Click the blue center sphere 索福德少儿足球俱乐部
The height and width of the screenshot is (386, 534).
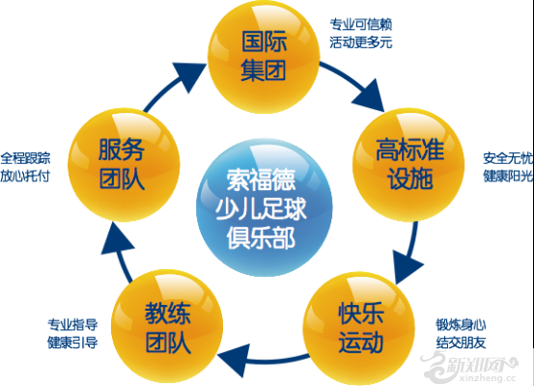point(264,207)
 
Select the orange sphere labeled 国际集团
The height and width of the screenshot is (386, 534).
point(264,57)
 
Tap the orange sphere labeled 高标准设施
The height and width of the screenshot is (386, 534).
point(408,165)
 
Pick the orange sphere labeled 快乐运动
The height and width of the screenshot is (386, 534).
point(359,327)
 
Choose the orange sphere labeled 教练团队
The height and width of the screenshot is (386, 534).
point(167,327)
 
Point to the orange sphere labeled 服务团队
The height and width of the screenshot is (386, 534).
point(124,165)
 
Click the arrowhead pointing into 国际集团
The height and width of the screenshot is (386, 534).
point(188,76)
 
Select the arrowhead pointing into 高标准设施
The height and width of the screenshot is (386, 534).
point(370,96)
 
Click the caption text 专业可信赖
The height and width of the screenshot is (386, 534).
point(360,24)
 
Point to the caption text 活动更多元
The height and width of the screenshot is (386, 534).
point(360,42)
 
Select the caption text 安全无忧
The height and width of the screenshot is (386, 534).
point(508,158)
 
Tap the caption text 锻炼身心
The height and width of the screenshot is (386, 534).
point(461,324)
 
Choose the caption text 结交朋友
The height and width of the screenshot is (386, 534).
point(461,343)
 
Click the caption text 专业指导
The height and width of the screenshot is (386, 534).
point(72,324)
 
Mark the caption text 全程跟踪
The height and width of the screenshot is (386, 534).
point(25,158)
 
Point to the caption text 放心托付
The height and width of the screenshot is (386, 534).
point(25,177)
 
